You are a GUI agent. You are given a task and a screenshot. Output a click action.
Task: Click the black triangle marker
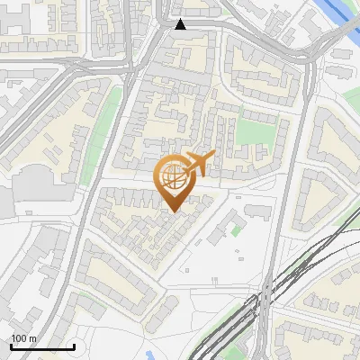(x=181, y=24)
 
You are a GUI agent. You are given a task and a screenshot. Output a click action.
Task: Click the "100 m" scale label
(x=23, y=338)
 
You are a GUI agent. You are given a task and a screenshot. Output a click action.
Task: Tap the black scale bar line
(x=41, y=346)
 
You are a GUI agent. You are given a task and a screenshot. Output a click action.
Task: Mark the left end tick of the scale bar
(x=10, y=345)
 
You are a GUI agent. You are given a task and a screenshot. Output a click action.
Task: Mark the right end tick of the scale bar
(x=74, y=345)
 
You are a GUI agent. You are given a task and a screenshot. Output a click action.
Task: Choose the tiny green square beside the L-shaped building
(x=237, y=230)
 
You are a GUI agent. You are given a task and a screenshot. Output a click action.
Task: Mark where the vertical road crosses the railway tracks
(x=268, y=297)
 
